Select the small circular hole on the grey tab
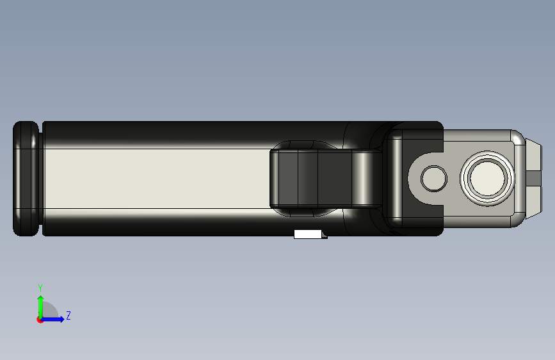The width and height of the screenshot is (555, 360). [435, 179]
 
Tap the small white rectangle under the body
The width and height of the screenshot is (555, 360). [307, 234]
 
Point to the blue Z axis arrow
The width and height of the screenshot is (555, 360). [55, 319]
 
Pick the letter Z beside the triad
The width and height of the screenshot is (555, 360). [68, 316]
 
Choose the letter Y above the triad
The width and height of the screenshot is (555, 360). [40, 288]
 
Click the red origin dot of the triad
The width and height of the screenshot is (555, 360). [40, 320]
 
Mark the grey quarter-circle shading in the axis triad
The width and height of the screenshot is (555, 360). [51, 312]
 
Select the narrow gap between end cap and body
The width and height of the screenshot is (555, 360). [41, 179]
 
